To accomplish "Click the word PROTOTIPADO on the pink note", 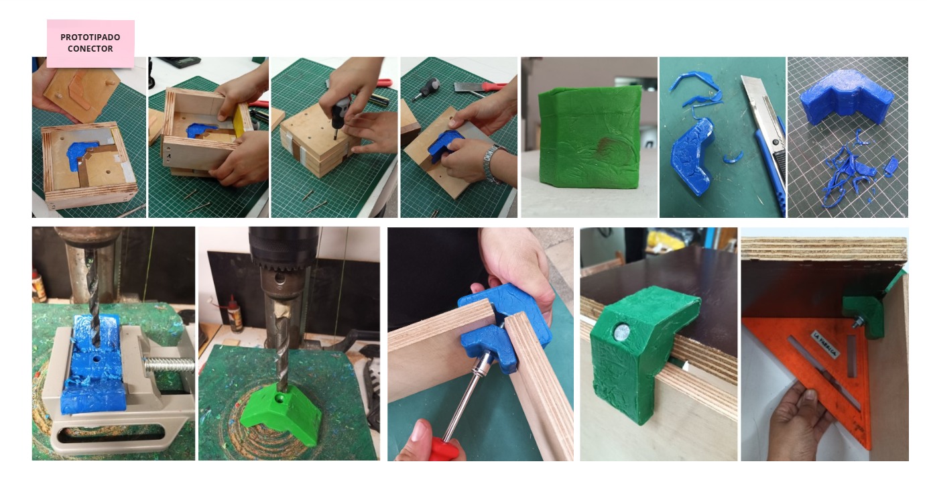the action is pyautogui.click(x=90, y=38).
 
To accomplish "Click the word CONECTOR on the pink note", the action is pyautogui.click(x=90, y=49).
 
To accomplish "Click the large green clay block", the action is pyautogui.click(x=590, y=136).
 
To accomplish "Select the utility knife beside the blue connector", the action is pyautogui.click(x=763, y=141).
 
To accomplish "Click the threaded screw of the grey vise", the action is pyautogui.click(x=170, y=365).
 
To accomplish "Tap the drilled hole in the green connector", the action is pyautogui.click(x=281, y=400).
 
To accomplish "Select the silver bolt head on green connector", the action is pyautogui.click(x=621, y=332).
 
